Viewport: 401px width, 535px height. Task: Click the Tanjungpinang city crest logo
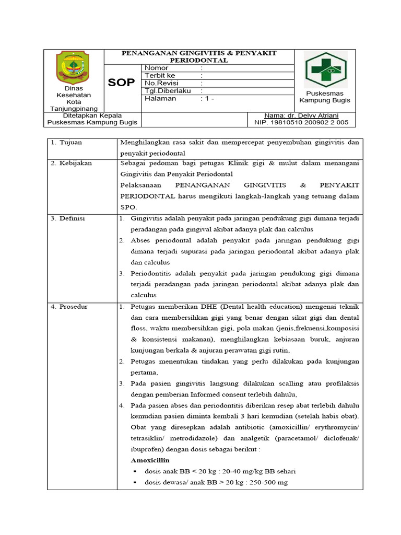(x=73, y=67)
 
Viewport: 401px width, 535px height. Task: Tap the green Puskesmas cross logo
(x=325, y=70)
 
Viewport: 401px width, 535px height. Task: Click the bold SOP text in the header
(x=122, y=83)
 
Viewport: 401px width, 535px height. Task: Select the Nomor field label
(x=156, y=68)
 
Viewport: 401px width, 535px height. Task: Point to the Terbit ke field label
(x=159, y=75)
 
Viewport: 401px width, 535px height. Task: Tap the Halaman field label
(x=160, y=98)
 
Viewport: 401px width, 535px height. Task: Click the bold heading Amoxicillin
(x=151, y=460)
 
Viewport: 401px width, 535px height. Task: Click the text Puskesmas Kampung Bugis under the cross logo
(x=325, y=97)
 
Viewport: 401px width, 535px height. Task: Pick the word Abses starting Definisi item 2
(x=141, y=240)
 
